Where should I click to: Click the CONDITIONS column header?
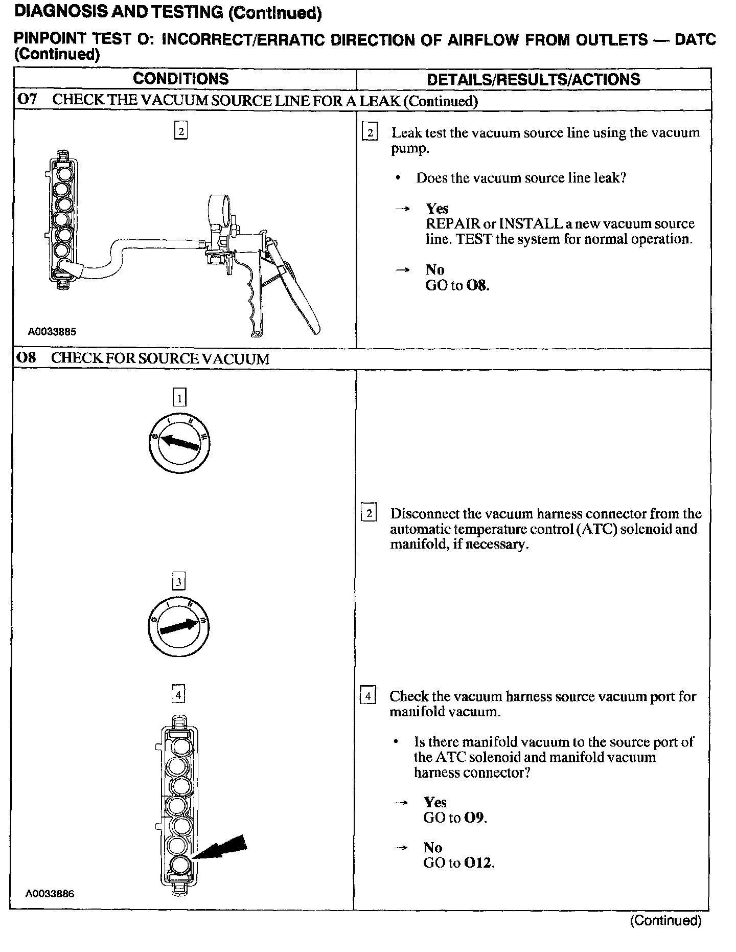point(181,79)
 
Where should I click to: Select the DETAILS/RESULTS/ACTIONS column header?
point(533,79)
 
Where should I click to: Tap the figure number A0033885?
point(52,332)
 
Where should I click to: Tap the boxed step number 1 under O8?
point(179,397)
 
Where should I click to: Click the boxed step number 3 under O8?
point(178,582)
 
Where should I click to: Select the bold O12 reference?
point(478,863)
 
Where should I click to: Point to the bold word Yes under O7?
point(437,209)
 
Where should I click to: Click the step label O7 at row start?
point(28,100)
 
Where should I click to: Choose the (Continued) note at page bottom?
point(665,920)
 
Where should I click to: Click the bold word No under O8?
point(432,848)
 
